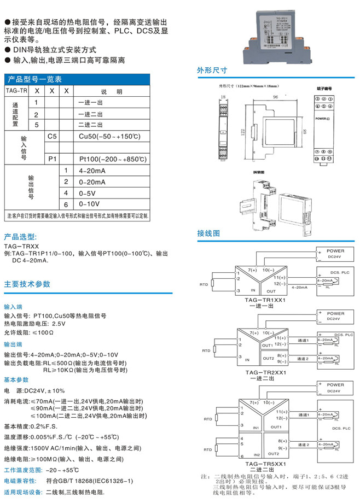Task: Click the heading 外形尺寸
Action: (x=212, y=71)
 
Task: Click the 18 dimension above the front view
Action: (x=222, y=97)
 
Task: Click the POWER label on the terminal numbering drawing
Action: (x=323, y=119)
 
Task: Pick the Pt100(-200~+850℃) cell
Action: (x=113, y=159)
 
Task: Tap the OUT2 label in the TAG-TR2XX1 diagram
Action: (x=268, y=359)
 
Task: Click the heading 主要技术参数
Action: (x=27, y=284)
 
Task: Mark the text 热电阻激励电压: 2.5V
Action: (x=35, y=324)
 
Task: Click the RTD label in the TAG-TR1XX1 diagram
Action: (x=204, y=284)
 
